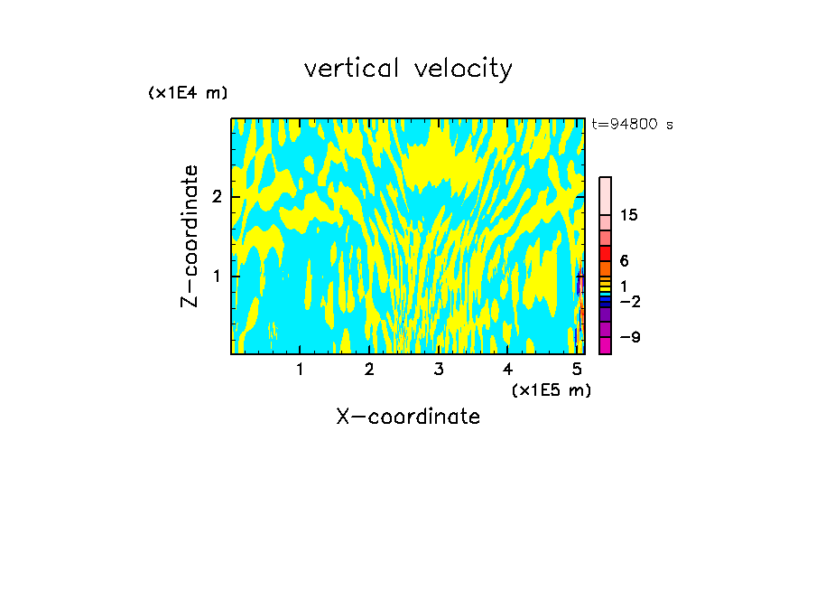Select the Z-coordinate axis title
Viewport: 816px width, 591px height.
pyautogui.click(x=190, y=236)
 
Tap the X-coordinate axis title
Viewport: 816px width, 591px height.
pyautogui.click(x=408, y=417)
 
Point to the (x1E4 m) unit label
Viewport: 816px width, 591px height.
pyautogui.click(x=188, y=93)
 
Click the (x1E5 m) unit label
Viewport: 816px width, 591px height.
pyautogui.click(x=551, y=389)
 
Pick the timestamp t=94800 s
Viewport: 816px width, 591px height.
pyautogui.click(x=632, y=125)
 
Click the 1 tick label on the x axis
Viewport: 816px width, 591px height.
pyautogui.click(x=300, y=369)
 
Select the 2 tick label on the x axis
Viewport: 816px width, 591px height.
pyautogui.click(x=369, y=369)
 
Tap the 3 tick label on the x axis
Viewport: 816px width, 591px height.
pyautogui.click(x=439, y=369)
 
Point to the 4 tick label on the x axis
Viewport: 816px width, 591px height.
pyautogui.click(x=508, y=369)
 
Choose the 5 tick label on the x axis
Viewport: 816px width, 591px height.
pyautogui.click(x=578, y=369)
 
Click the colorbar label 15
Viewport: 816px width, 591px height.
pyautogui.click(x=629, y=215)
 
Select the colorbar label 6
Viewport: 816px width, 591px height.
pyautogui.click(x=625, y=261)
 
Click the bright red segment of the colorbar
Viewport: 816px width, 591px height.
pyautogui.click(x=605, y=253)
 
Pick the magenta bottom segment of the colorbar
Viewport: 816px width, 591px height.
pyautogui.click(x=605, y=345)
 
